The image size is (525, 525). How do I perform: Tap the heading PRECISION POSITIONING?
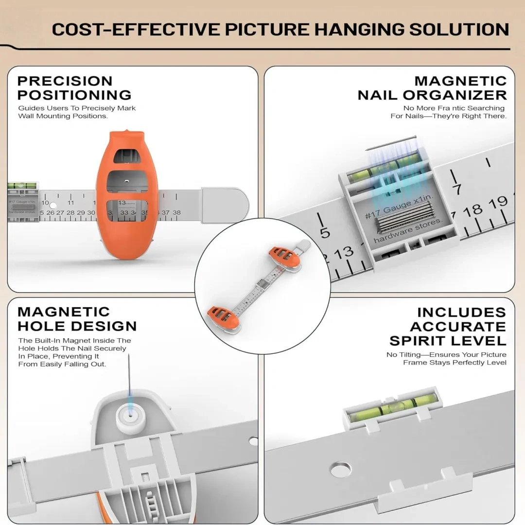click(74, 87)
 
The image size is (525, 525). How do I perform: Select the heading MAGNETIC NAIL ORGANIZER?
click(433, 87)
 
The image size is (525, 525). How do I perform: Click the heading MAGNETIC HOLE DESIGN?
click(77, 318)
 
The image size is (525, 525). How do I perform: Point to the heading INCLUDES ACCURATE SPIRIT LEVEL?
click(448, 326)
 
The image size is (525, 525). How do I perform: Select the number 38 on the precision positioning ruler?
click(176, 212)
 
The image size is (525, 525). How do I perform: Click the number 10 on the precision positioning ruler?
click(45, 203)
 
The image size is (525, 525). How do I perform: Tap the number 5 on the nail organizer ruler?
click(325, 233)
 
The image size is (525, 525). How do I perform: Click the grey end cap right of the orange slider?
click(225, 205)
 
